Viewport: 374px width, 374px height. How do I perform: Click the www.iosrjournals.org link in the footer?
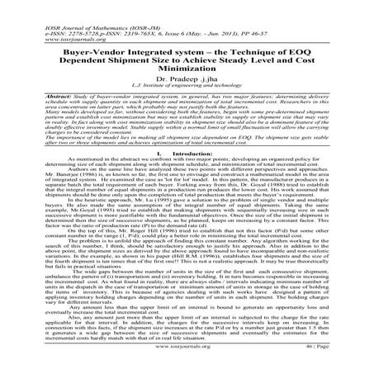(187, 361)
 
